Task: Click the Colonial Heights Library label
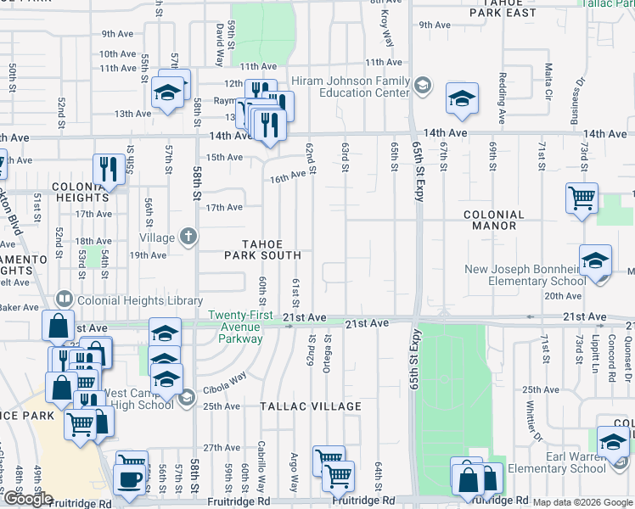tap(138, 300)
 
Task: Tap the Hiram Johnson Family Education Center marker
tap(423, 86)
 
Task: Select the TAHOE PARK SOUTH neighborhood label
tap(263, 249)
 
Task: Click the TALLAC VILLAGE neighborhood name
tap(312, 406)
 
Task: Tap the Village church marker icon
tap(188, 238)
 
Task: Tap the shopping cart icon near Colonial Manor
tap(582, 199)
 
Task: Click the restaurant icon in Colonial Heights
tap(106, 168)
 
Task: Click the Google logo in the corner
tap(28, 499)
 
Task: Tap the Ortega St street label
tap(326, 359)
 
